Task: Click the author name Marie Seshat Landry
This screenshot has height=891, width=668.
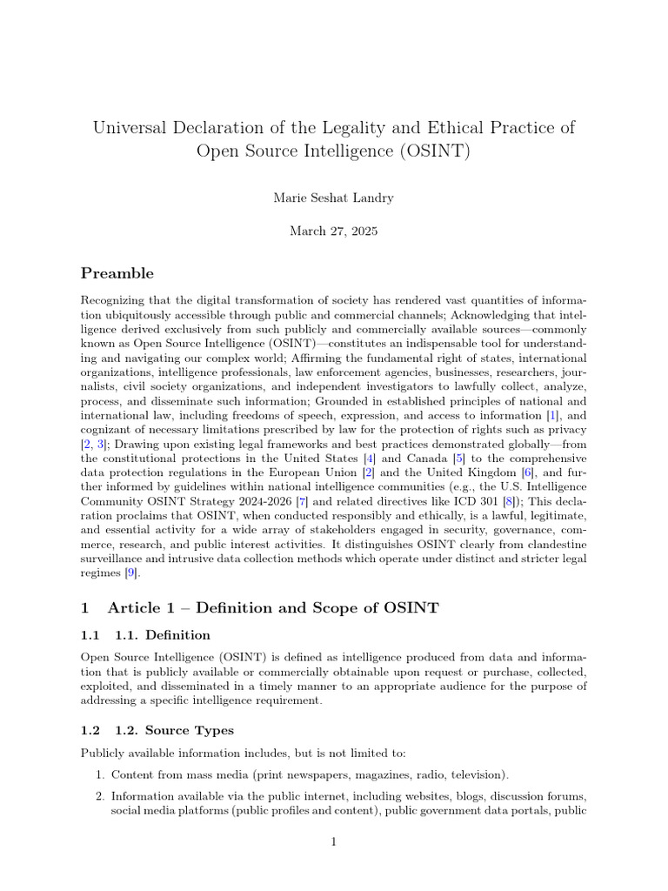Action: tap(333, 198)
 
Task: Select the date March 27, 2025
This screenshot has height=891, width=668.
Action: tap(333, 231)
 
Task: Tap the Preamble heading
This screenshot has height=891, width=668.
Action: tap(117, 273)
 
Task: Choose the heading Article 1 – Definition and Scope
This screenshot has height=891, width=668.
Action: tap(272, 608)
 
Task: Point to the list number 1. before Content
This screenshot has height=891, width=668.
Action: tap(100, 774)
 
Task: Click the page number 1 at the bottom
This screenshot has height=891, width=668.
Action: tap(334, 842)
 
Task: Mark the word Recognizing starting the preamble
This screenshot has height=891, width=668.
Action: tap(113, 299)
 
